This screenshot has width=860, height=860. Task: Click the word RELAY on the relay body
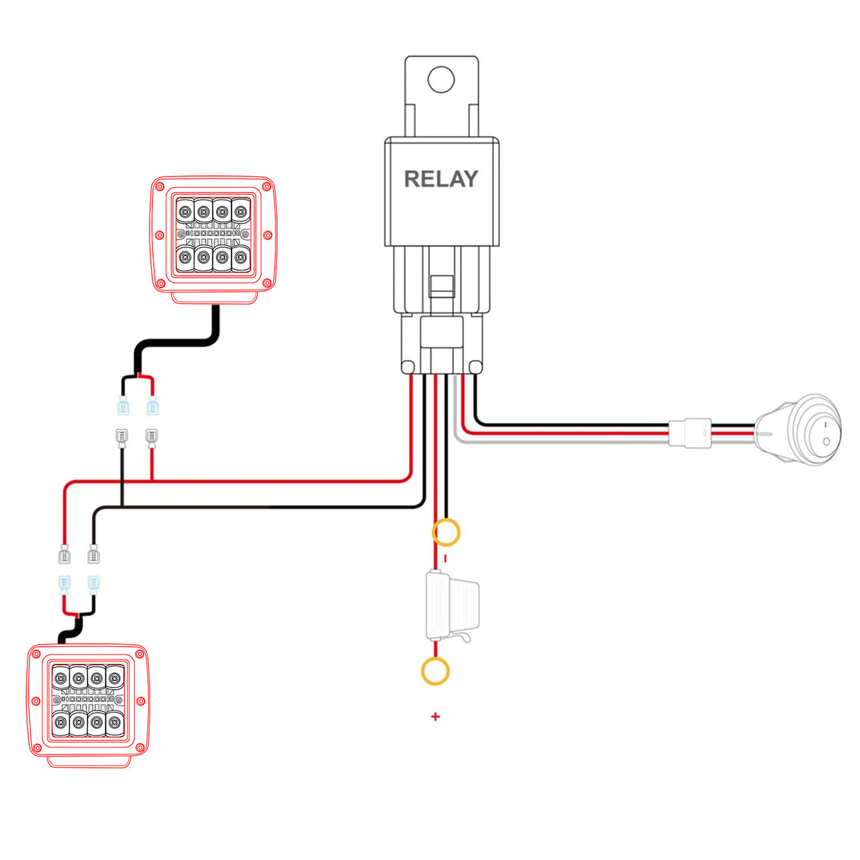pyautogui.click(x=441, y=179)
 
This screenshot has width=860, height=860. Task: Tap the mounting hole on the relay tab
pyautogui.click(x=441, y=79)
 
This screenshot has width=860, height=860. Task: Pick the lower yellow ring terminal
pyautogui.click(x=435, y=671)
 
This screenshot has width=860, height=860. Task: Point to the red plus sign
pyautogui.click(x=435, y=717)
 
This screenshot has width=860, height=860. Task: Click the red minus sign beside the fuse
pyautogui.click(x=445, y=558)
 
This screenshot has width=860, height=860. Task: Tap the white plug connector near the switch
pyautogui.click(x=689, y=433)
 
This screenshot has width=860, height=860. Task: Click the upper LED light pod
pyautogui.click(x=213, y=235)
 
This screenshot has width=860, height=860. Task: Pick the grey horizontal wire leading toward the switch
pyautogui.click(x=567, y=441)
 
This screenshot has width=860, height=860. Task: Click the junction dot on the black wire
pyautogui.click(x=122, y=507)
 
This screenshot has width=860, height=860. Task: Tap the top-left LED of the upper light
pyautogui.click(x=186, y=211)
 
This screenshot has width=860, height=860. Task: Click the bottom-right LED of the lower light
pyautogui.click(x=115, y=723)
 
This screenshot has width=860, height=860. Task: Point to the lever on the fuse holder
pyautogui.click(x=464, y=639)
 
